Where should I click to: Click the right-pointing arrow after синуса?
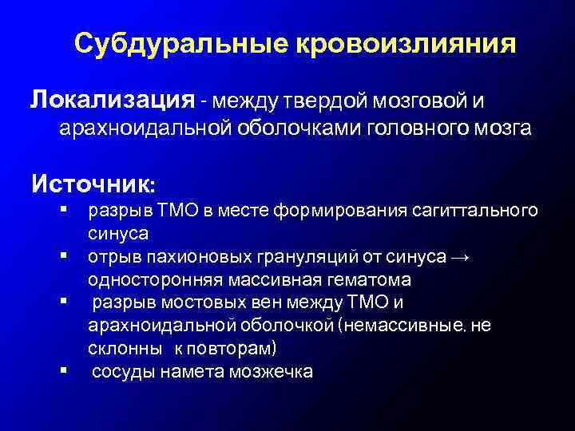(x=461, y=257)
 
